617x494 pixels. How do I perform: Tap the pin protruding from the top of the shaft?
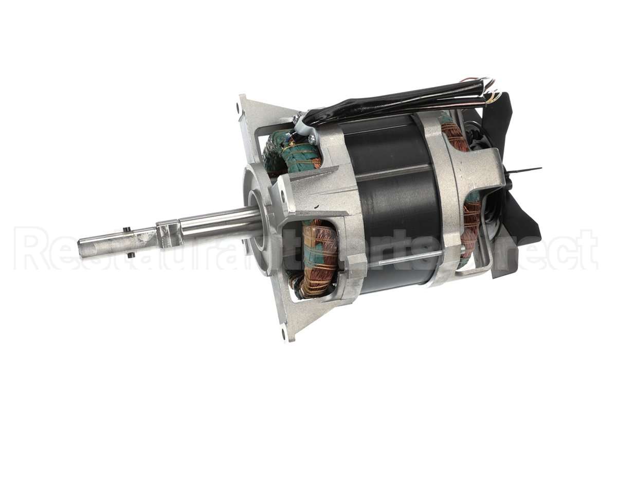(125, 229)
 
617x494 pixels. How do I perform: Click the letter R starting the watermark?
(31, 249)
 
